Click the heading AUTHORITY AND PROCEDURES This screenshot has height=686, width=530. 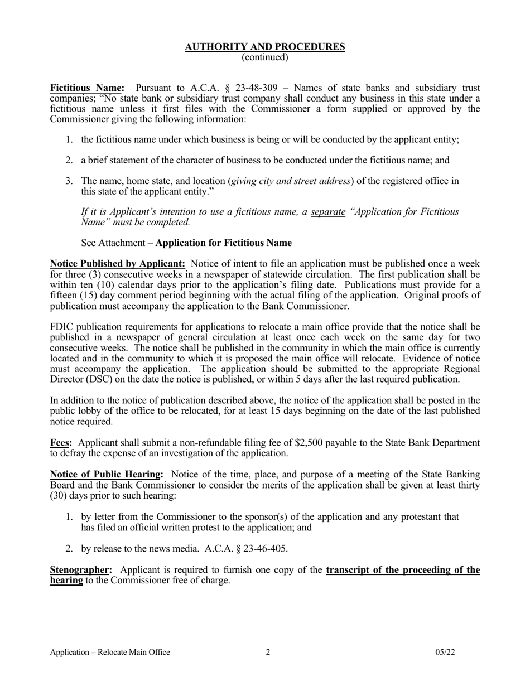[265, 47]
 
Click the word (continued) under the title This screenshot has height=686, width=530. [265, 57]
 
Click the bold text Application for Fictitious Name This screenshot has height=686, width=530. [223, 243]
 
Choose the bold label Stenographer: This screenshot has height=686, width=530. [81, 570]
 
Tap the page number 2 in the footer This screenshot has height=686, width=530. [268, 652]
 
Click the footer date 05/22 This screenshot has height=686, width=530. [445, 652]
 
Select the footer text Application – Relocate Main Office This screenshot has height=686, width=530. [110, 652]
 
